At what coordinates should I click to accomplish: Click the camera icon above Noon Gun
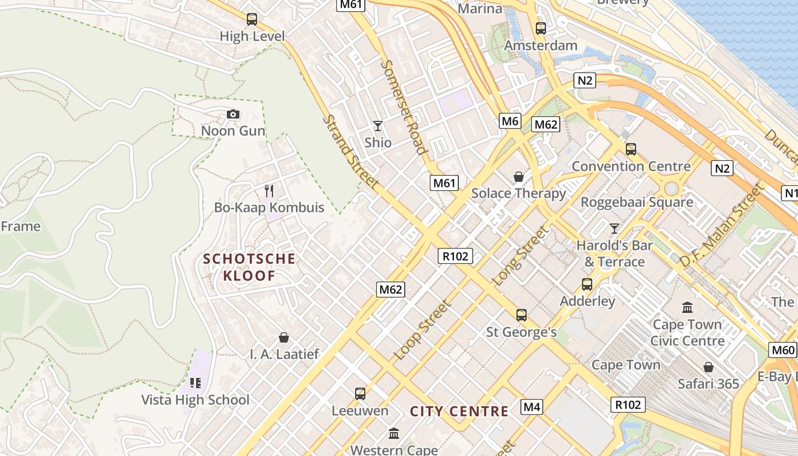[x=233, y=115]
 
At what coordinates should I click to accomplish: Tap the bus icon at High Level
[x=252, y=19]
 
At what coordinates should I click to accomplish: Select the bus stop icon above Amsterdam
[x=541, y=28]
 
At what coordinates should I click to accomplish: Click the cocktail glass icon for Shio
[x=378, y=126]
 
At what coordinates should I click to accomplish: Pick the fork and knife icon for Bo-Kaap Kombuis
[x=269, y=191]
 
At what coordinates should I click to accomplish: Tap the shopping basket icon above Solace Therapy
[x=519, y=177]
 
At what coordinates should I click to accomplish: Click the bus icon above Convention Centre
[x=631, y=149]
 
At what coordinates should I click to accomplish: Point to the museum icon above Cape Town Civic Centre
[x=687, y=308]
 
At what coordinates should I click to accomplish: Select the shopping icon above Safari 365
[x=709, y=367]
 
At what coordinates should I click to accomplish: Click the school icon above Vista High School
[x=196, y=383]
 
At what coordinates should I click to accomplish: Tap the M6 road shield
[x=510, y=121]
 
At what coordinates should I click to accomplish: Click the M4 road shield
[x=531, y=407]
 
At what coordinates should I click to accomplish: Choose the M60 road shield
[x=782, y=350]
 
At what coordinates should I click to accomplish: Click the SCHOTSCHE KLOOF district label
[x=250, y=267]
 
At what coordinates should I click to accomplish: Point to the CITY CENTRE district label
[x=459, y=412]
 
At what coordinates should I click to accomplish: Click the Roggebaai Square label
[x=637, y=202]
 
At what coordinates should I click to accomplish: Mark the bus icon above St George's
[x=522, y=315]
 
